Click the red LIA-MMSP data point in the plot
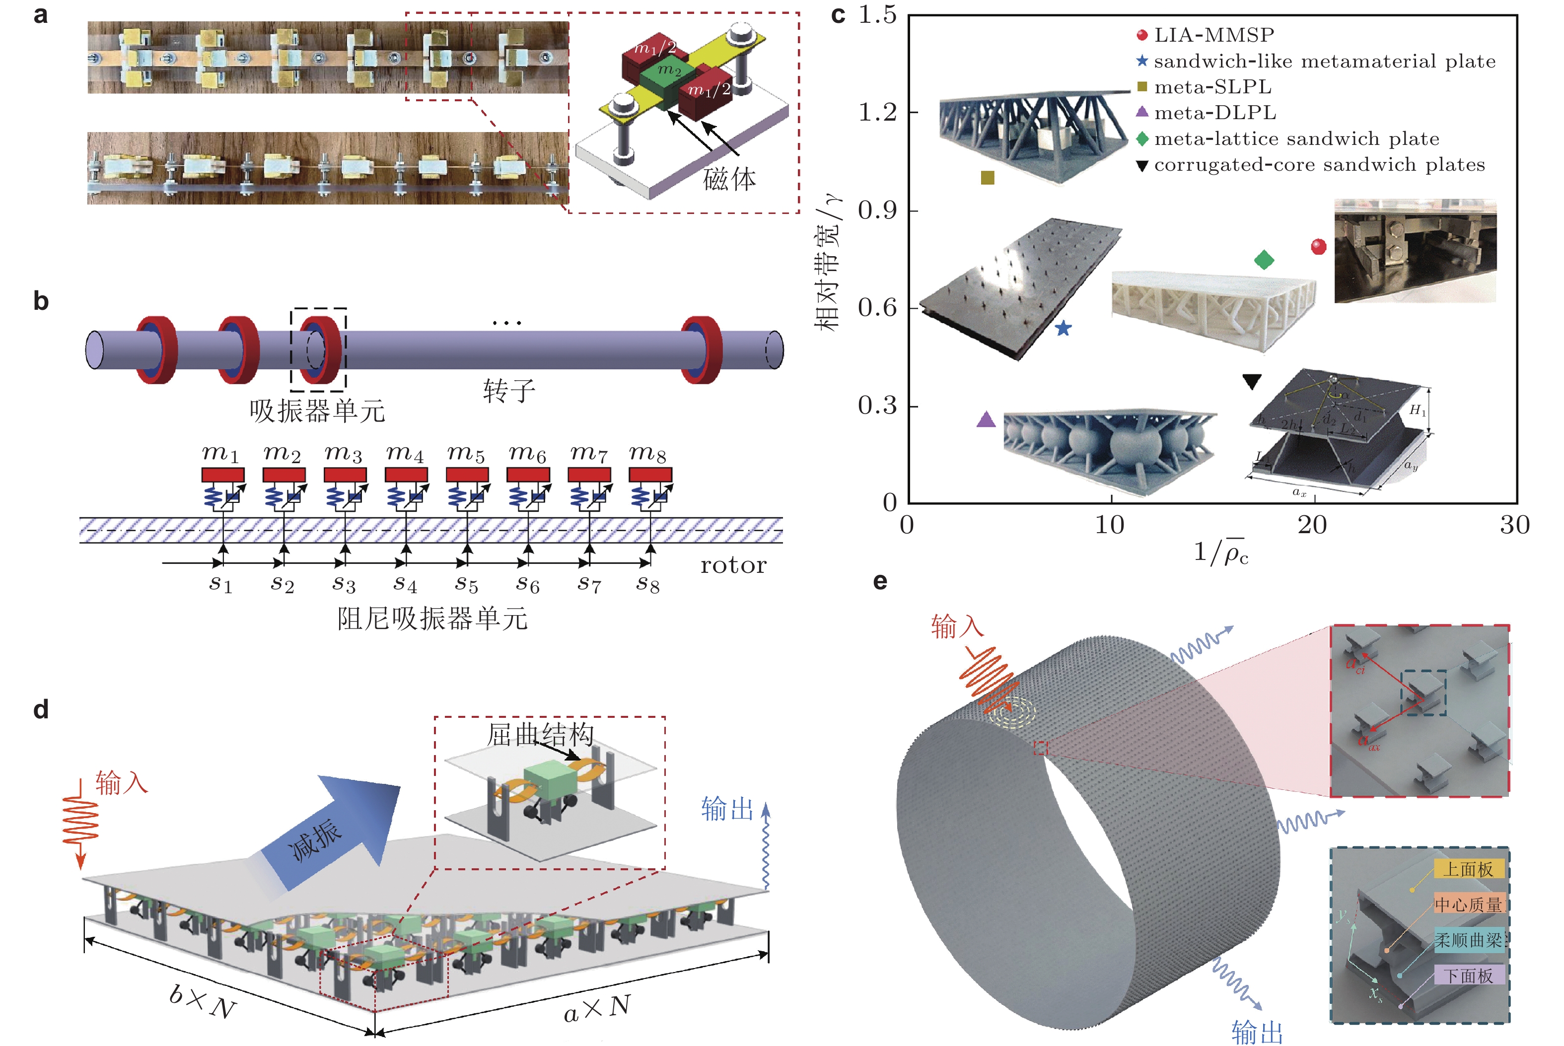click(x=1318, y=247)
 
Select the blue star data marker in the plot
click(x=1064, y=328)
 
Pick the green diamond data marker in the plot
click(x=1264, y=260)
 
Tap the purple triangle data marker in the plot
click(x=986, y=419)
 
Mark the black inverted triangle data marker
click(x=1252, y=382)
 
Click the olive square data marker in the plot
click(x=988, y=177)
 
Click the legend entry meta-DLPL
click(x=1214, y=113)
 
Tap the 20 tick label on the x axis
click(x=1312, y=526)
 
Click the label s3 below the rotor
click(x=344, y=584)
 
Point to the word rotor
click(x=733, y=566)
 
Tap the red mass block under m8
click(x=650, y=475)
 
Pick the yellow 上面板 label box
click(x=1469, y=869)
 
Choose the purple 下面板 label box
click(x=1469, y=976)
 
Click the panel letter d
click(x=41, y=709)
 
